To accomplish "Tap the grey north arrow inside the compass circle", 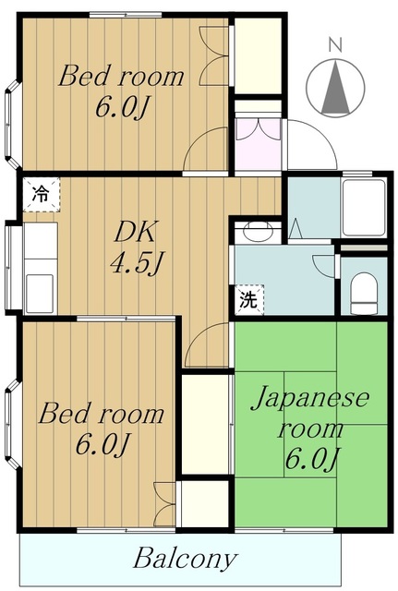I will (336, 90).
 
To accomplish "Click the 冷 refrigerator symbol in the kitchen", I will (40, 194).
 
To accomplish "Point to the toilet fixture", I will (365, 292).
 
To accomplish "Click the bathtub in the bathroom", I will (363, 208).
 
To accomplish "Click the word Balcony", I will (185, 559).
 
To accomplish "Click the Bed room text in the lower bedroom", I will (102, 415).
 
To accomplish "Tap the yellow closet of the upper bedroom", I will (258, 54).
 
